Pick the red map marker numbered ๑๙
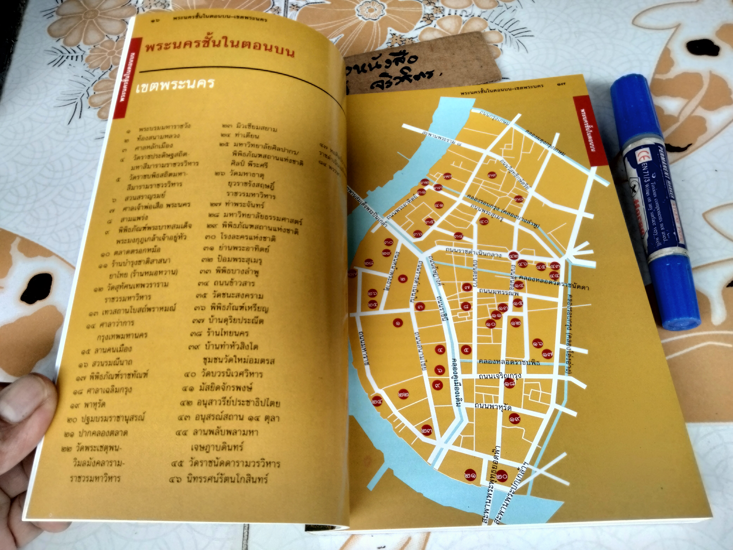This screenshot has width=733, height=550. coord(515,419)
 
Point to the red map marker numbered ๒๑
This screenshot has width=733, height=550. coord(471,475)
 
